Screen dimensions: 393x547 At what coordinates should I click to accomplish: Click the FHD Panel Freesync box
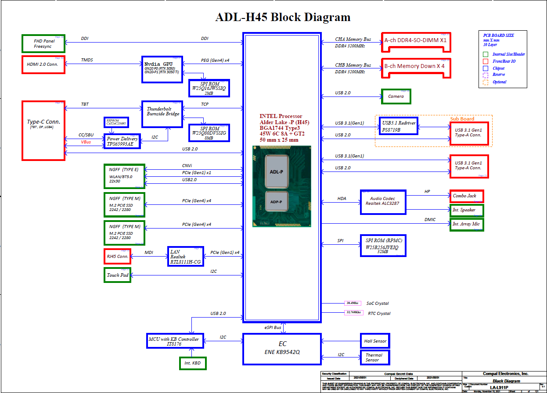click(x=43, y=43)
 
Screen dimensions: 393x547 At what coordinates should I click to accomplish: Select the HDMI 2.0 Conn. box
click(x=43, y=64)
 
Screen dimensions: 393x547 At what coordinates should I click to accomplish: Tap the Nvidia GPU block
click(x=162, y=69)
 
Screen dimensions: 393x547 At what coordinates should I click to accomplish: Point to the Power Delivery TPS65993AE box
click(x=122, y=141)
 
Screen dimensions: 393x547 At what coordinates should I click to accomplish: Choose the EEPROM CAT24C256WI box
click(x=116, y=122)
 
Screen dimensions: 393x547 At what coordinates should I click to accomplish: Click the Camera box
click(x=396, y=96)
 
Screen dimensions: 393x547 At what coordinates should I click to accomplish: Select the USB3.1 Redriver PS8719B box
click(x=398, y=126)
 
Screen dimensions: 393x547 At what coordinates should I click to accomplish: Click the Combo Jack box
click(x=466, y=196)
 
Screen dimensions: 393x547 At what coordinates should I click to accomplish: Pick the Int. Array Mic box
click(x=466, y=224)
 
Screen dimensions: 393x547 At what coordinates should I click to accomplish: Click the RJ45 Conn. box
click(x=117, y=257)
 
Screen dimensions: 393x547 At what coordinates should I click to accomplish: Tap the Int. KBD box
click(x=193, y=363)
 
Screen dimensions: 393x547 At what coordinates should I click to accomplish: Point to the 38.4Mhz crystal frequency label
click(x=352, y=303)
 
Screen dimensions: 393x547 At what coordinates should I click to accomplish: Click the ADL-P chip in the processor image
click(x=277, y=172)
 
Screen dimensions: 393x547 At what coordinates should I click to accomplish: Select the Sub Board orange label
click(x=462, y=119)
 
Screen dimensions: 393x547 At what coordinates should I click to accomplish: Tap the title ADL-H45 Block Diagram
click(x=283, y=18)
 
